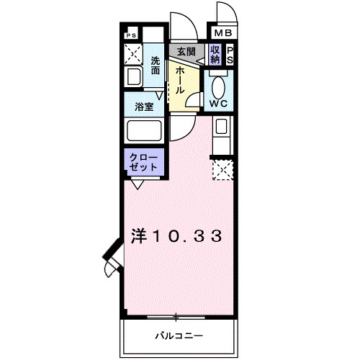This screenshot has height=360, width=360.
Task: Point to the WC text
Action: click(x=218, y=103)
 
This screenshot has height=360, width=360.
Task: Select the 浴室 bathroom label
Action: click(x=143, y=107)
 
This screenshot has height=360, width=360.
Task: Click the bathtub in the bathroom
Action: click(x=143, y=131)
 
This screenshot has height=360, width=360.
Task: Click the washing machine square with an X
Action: click(x=133, y=53)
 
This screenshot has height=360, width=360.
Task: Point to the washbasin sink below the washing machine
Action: click(x=132, y=76)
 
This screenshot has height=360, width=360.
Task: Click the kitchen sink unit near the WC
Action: click(x=221, y=134)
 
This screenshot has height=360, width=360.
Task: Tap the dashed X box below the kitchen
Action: click(x=222, y=170)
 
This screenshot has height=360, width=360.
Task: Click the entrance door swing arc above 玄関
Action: click(x=184, y=26)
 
